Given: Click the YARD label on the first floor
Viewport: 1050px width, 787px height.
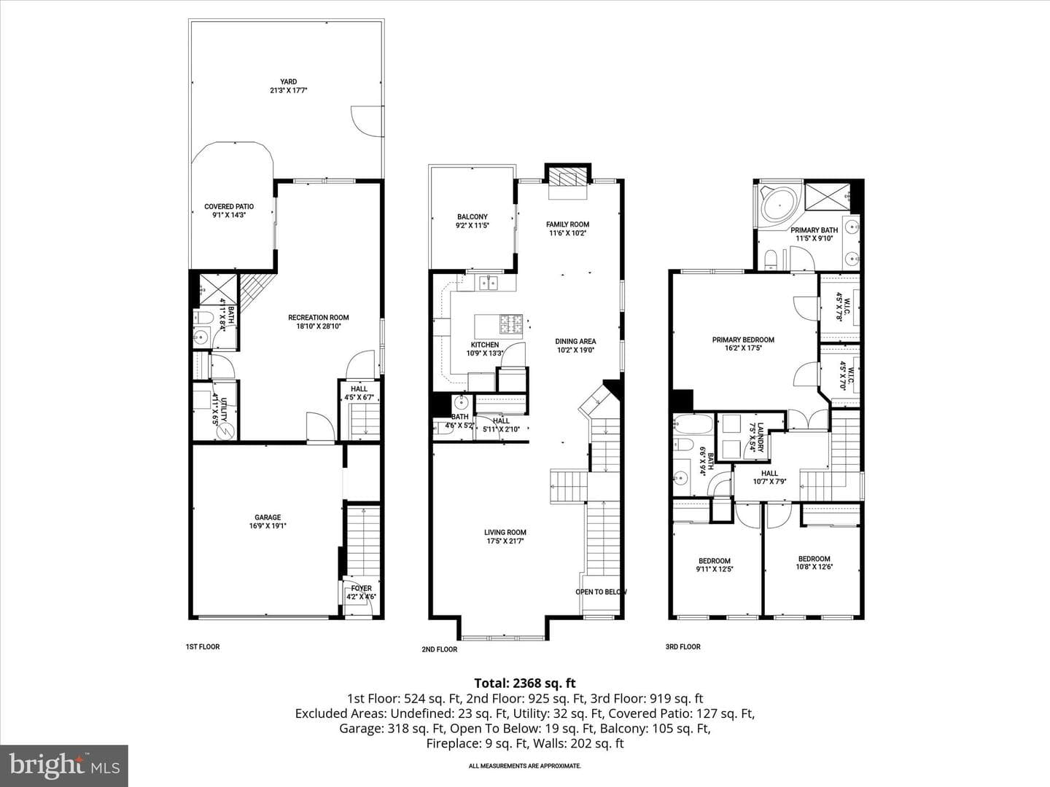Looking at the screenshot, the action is click(x=289, y=82).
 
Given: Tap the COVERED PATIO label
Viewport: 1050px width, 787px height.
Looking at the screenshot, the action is click(x=229, y=206).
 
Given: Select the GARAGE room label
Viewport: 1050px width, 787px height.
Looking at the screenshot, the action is click(x=268, y=517).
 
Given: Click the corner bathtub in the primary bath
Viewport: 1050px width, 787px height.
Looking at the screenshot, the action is click(x=779, y=204).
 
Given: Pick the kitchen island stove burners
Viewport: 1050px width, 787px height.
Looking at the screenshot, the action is click(x=512, y=324).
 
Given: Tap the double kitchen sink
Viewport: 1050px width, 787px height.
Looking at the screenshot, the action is click(x=489, y=283).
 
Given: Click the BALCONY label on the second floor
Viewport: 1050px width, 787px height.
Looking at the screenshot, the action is click(x=472, y=216).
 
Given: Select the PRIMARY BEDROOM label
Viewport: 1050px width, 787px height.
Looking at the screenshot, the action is click(x=743, y=340).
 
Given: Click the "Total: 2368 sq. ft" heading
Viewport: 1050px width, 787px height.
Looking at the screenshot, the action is click(x=525, y=683).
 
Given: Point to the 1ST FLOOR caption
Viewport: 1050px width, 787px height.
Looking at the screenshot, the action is click(x=203, y=646).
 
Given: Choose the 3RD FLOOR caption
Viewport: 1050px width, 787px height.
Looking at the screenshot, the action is click(x=682, y=646).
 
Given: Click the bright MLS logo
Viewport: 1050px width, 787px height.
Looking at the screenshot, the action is click(x=64, y=765).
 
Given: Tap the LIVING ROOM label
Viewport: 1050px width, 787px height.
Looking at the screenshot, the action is click(x=505, y=532).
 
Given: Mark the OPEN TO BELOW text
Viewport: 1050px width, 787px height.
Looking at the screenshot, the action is click(x=601, y=592).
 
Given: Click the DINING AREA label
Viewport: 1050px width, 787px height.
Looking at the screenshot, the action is click(x=575, y=341).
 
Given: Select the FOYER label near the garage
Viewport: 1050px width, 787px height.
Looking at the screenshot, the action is click(x=361, y=588).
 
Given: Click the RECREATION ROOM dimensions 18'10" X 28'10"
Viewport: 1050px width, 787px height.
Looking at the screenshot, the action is click(x=318, y=326).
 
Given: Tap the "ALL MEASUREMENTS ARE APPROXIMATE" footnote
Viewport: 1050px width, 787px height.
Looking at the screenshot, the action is click(x=525, y=766).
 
